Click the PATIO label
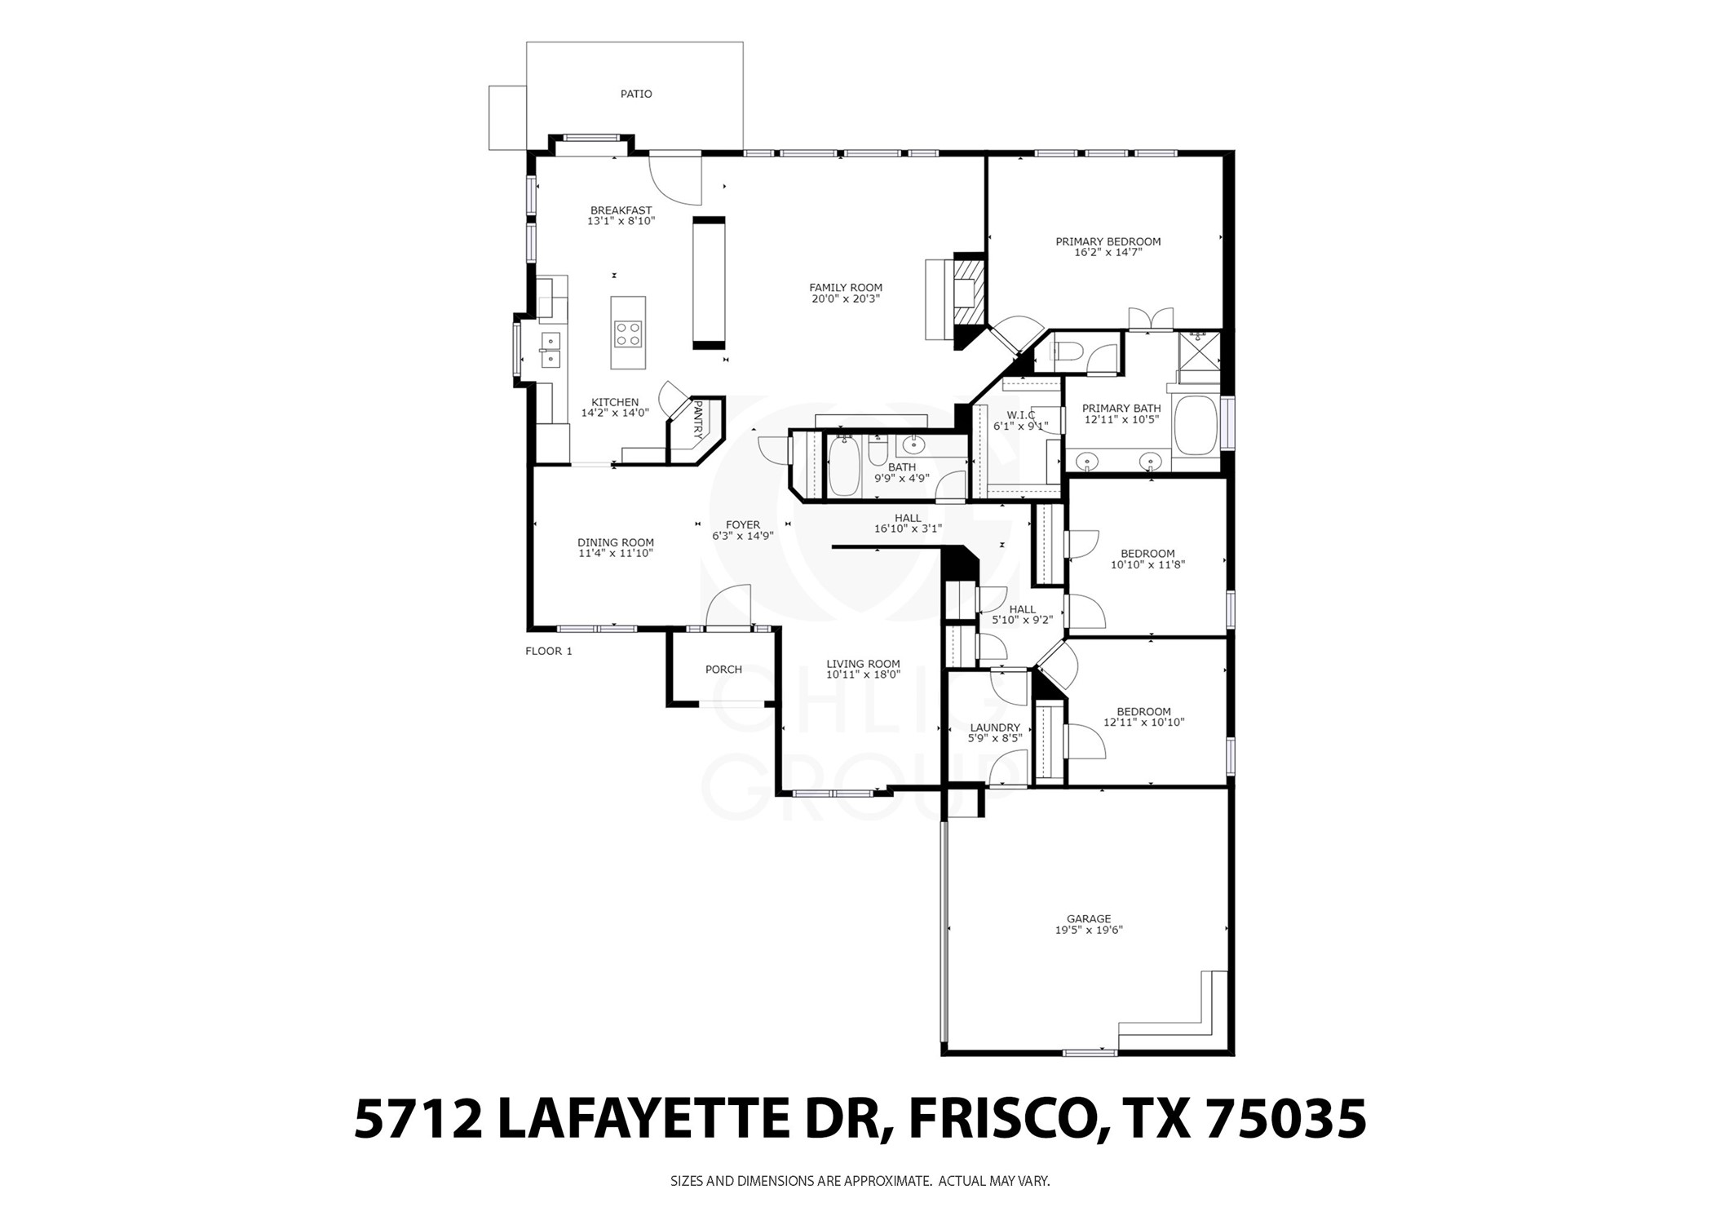635,94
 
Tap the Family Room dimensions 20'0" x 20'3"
845,299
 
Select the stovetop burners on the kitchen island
628,334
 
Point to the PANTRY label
697,420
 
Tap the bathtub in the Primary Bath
1196,424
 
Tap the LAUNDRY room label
994,727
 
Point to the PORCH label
723,670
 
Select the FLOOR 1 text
548,651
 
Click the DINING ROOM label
615,542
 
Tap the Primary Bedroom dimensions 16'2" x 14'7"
1108,253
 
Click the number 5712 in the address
416,1119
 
